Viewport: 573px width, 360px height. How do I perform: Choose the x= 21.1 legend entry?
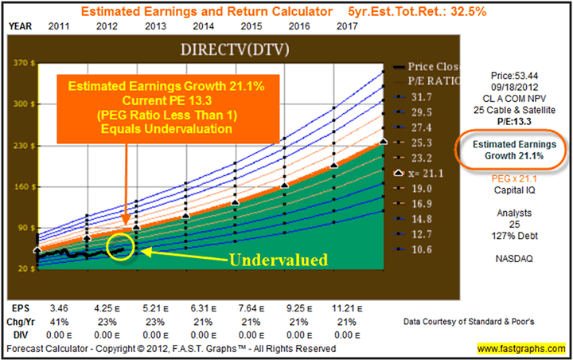tap(418, 172)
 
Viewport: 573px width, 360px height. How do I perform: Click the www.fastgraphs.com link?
tap(521, 348)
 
